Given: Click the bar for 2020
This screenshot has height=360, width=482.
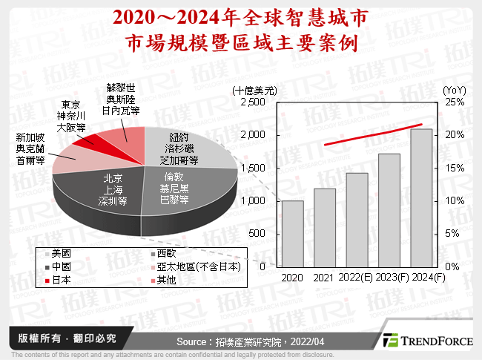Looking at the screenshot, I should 292,234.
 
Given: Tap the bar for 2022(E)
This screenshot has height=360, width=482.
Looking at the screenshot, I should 356,220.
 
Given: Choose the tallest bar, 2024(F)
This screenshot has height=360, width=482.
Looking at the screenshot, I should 421,197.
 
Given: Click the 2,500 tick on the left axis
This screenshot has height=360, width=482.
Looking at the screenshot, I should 252,102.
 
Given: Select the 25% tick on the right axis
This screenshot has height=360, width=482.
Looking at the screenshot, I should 454,102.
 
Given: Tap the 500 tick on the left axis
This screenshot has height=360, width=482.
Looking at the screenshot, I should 257,234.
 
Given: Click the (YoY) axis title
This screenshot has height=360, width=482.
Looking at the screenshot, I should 453,89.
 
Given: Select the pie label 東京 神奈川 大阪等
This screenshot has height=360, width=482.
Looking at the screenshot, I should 73,115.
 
